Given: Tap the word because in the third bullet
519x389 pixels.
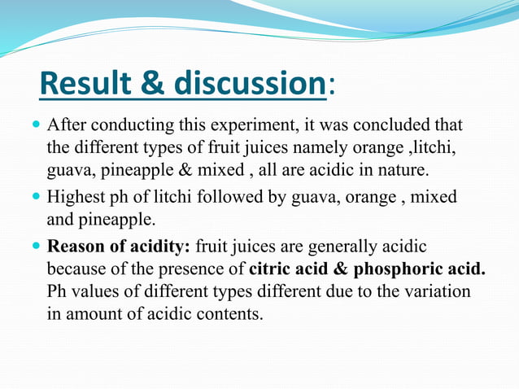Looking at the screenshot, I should pos(76,269).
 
